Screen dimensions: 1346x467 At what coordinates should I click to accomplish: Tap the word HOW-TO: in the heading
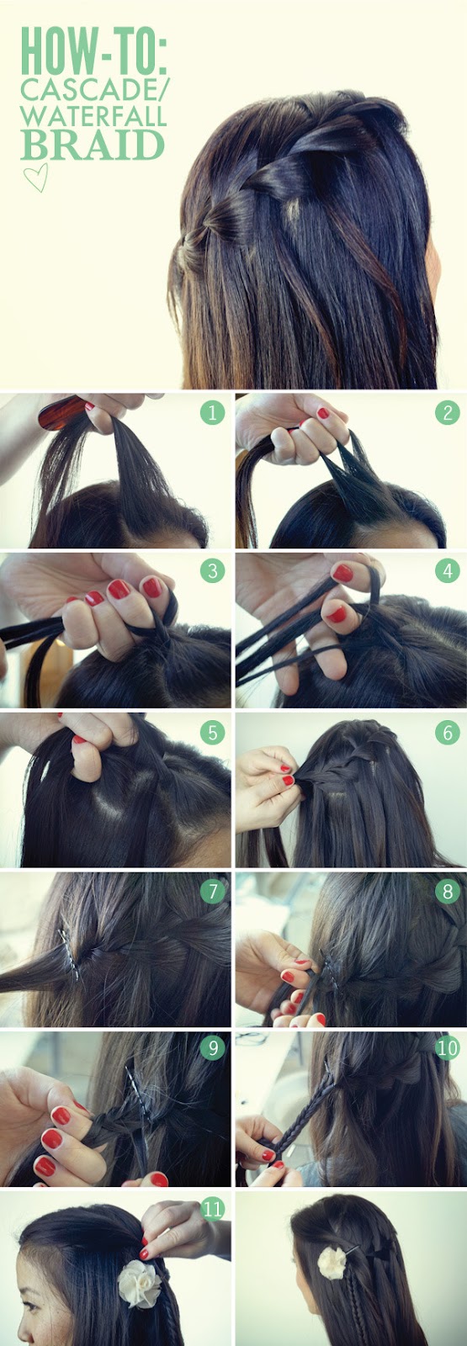click(x=93, y=50)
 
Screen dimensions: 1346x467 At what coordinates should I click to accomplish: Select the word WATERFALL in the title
click(x=93, y=116)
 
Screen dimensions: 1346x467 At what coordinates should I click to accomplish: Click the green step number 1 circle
click(x=213, y=412)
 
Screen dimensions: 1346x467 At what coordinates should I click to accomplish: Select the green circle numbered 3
click(x=213, y=571)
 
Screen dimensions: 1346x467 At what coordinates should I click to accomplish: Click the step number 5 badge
click(x=213, y=732)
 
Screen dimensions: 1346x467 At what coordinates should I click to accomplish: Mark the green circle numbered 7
click(x=213, y=891)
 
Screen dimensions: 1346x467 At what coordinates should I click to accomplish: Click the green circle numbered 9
click(x=213, y=1047)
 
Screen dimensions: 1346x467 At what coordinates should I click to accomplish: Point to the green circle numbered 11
click(x=213, y=1209)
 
